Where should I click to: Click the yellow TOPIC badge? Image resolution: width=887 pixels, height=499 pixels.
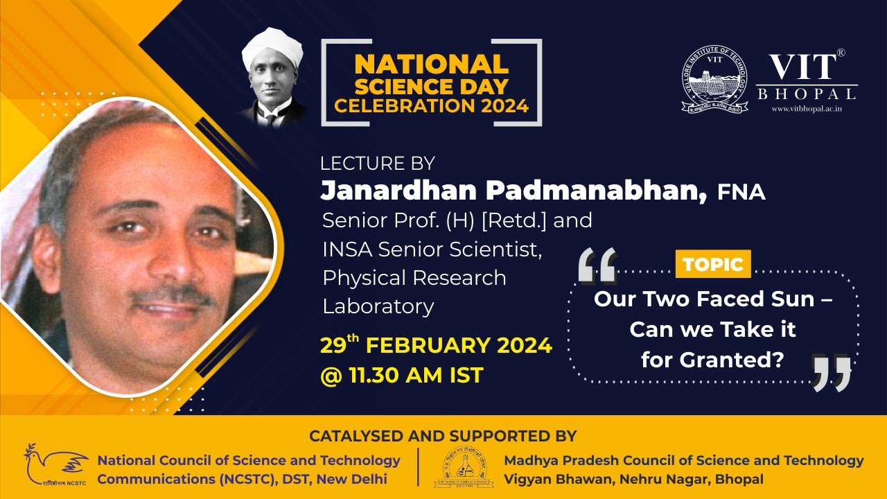712,264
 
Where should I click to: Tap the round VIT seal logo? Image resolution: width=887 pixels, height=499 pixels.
714,80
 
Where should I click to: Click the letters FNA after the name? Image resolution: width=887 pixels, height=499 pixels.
741,193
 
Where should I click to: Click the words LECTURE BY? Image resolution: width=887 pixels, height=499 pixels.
377,164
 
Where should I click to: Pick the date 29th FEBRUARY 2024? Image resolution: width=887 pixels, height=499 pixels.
436,345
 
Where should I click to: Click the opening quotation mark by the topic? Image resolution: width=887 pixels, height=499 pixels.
597,267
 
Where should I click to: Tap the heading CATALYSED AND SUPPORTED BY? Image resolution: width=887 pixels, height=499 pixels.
443,436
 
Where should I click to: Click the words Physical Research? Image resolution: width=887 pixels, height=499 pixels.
414,278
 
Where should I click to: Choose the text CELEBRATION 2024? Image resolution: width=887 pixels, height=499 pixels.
431,106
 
